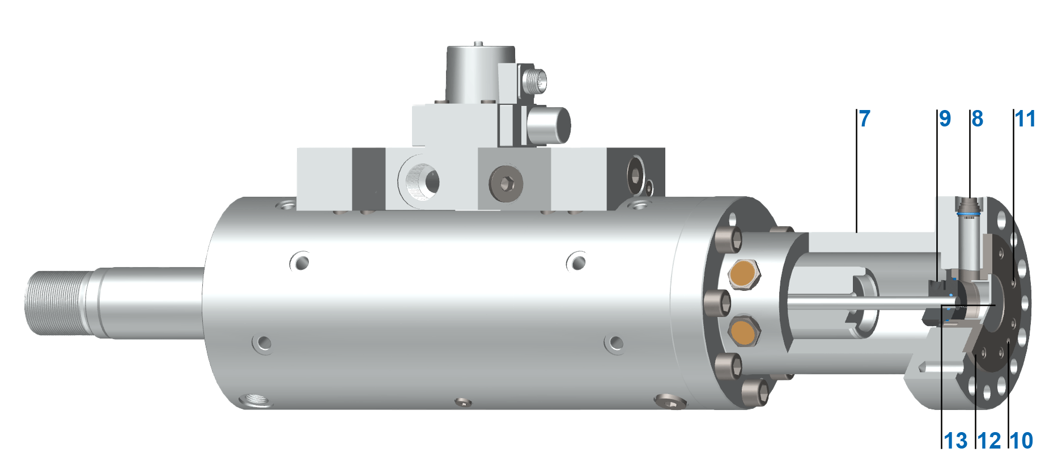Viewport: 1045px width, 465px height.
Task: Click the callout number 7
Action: pyautogui.click(x=864, y=119)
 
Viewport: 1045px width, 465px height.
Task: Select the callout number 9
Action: pyautogui.click(x=945, y=119)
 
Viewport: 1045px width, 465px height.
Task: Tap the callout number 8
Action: pyautogui.click(x=978, y=119)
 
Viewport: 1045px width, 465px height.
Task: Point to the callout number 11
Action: pyautogui.click(x=1025, y=119)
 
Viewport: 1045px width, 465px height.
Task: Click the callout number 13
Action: pyautogui.click(x=956, y=441)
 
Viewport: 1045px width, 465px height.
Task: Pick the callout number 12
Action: pyautogui.click(x=989, y=441)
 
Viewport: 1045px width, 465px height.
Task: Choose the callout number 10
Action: pyautogui.click(x=1022, y=441)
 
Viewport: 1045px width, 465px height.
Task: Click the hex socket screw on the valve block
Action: pyautogui.click(x=506, y=183)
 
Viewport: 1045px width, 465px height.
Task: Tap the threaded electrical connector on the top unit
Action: pyautogui.click(x=534, y=81)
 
